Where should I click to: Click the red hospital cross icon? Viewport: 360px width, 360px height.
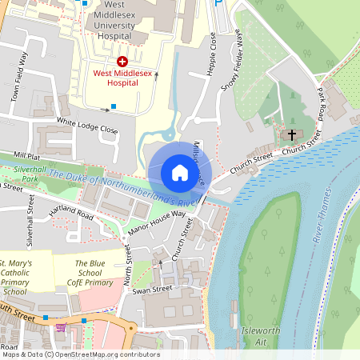point(122,61)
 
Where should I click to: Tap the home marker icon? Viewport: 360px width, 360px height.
point(179,173)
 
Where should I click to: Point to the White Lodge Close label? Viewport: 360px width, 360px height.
point(87,126)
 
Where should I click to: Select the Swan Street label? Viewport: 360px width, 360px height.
point(152,288)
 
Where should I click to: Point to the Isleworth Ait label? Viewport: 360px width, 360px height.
point(255,336)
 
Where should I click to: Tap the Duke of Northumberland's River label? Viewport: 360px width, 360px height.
point(120,188)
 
